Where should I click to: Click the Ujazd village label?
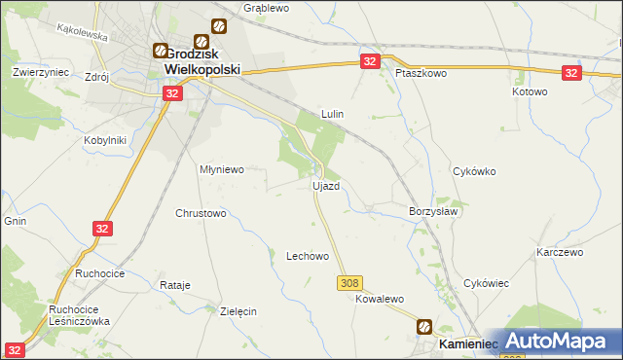(325, 186)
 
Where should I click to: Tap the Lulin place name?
(333, 114)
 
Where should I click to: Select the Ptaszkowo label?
(420, 73)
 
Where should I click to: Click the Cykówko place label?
(475, 171)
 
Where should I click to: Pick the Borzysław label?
(433, 211)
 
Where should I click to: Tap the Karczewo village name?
(559, 252)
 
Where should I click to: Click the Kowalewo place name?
(379, 301)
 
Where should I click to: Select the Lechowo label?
(307, 257)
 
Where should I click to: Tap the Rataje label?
(174, 286)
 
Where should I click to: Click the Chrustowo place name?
(201, 213)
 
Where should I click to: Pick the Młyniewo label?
(221, 168)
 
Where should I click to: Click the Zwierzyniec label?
(38, 72)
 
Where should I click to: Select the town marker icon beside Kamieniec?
(426, 328)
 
